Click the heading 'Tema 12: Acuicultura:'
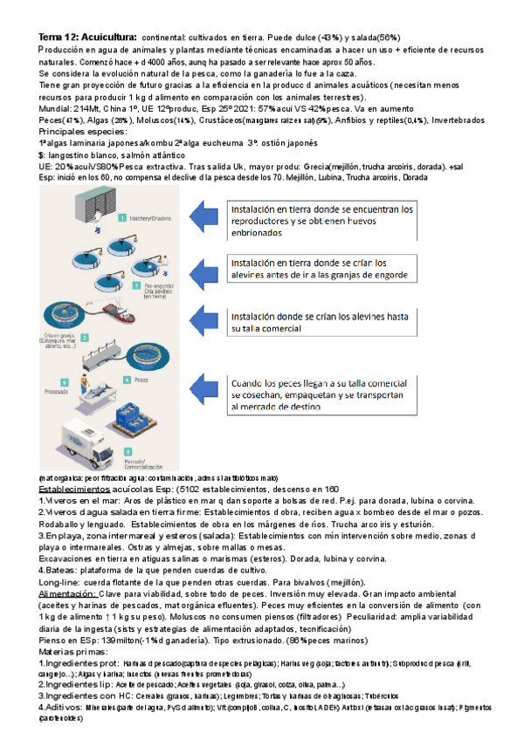(x=86, y=38)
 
